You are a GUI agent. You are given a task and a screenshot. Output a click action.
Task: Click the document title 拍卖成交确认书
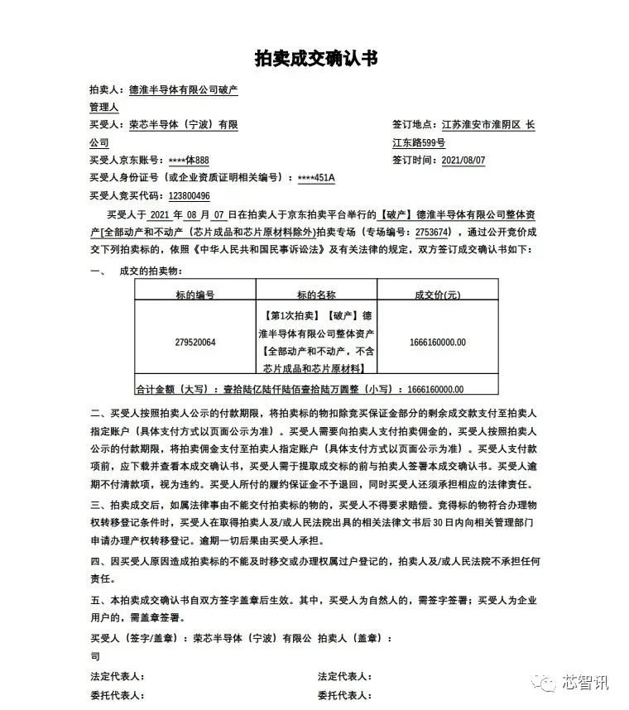(x=315, y=59)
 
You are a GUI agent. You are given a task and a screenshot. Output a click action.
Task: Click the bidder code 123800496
(x=189, y=196)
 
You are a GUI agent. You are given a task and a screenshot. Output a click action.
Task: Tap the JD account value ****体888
(x=190, y=161)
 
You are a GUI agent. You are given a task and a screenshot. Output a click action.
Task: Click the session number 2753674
(x=448, y=232)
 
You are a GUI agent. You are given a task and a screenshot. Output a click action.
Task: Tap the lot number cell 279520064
(x=195, y=342)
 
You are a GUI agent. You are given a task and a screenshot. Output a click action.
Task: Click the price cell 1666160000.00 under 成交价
(x=438, y=342)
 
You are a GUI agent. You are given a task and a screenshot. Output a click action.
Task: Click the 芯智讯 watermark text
(x=586, y=683)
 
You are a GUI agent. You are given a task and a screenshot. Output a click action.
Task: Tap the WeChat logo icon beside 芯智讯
(x=546, y=683)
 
